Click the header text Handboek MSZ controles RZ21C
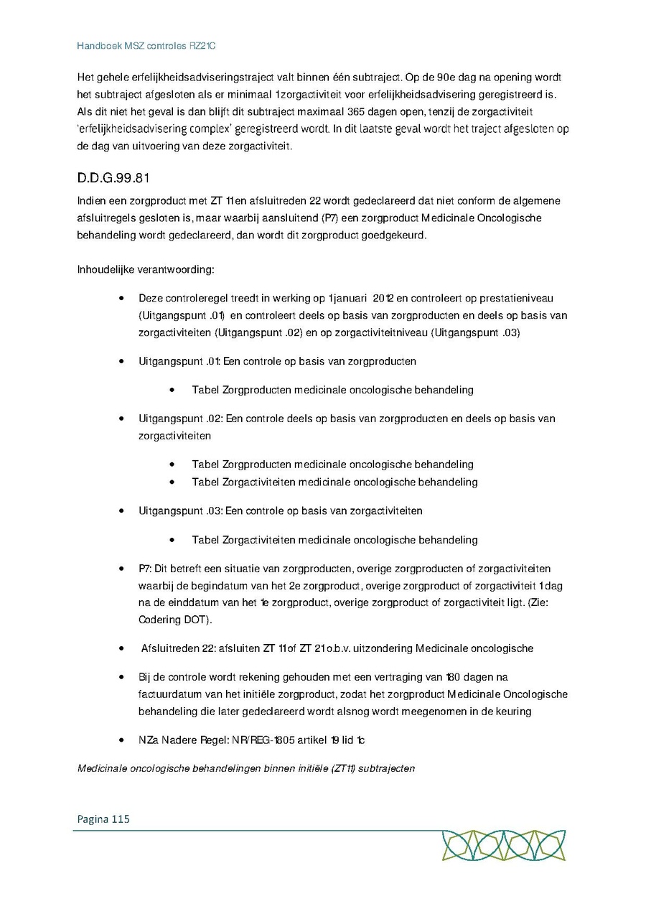(146, 46)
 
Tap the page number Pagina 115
(103, 819)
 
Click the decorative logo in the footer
(503, 845)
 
